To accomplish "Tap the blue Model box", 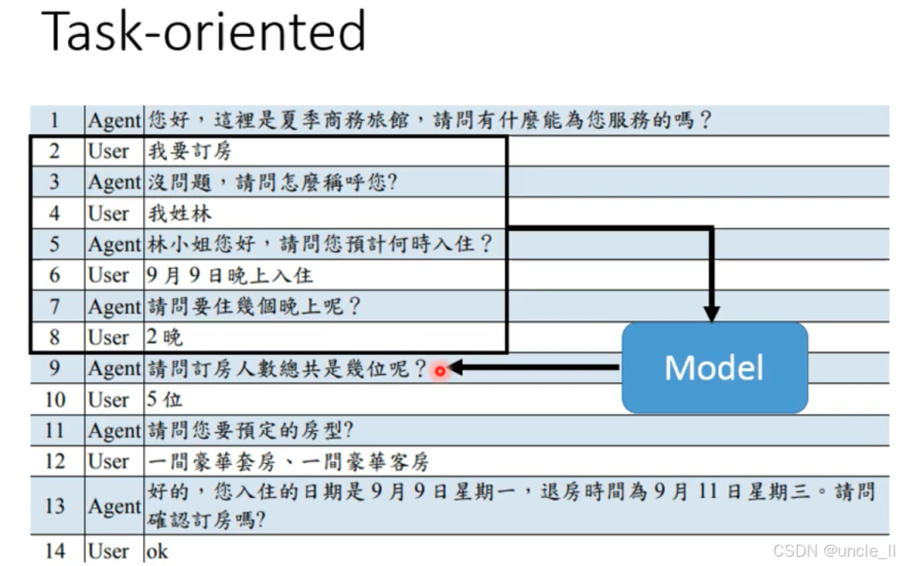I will click(714, 367).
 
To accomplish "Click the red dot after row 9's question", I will click(440, 371).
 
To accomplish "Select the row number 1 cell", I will click(54, 120).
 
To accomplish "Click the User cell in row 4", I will click(108, 213).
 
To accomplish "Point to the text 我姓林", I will click(179, 213).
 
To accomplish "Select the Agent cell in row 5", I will click(114, 244).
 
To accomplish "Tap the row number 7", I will click(54, 306).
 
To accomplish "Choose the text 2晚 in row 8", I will click(165, 337).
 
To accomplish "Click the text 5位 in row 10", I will click(165, 400).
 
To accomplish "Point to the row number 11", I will click(54, 430).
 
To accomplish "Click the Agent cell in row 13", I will click(114, 506).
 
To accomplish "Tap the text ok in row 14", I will click(157, 551).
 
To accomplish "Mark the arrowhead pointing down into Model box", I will click(712, 313).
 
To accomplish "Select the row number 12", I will click(54, 462).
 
